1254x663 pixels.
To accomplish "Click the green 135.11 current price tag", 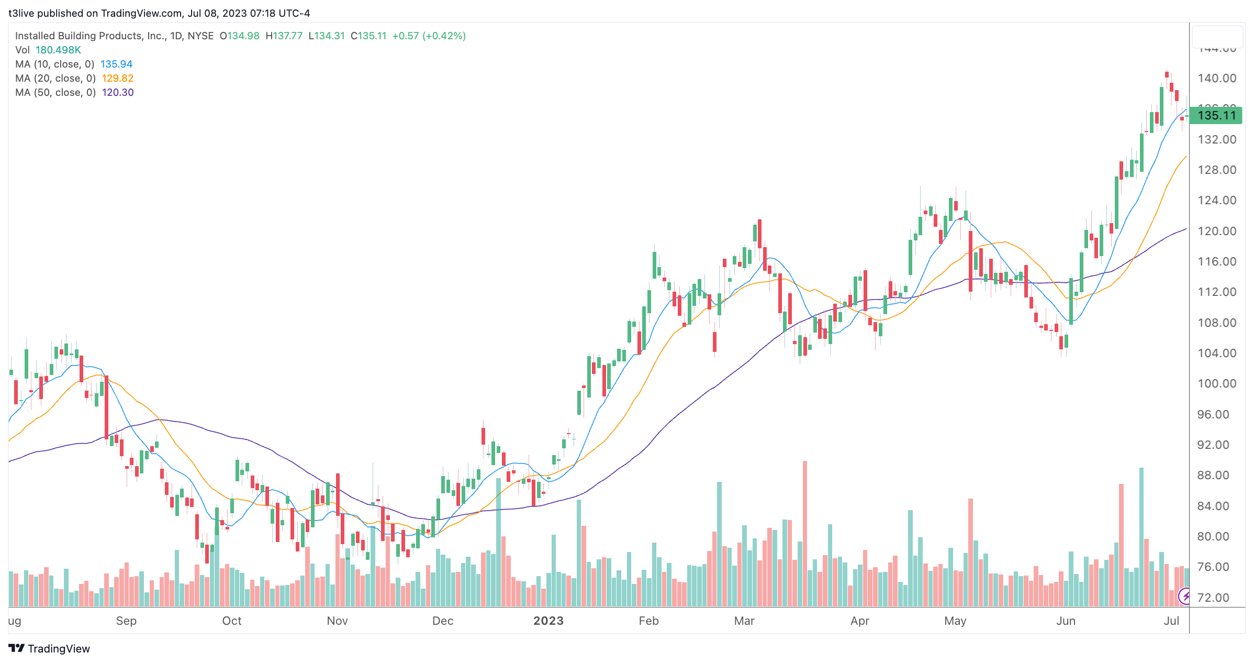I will (1216, 115).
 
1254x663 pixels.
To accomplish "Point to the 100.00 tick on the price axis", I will (1217, 383).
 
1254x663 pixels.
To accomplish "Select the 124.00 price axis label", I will (1217, 200).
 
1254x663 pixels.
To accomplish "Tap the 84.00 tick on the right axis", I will (1217, 506).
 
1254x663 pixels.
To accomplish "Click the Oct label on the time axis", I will (232, 621).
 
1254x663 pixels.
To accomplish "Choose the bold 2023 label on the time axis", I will (548, 621).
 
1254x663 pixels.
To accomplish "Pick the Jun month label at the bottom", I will (1066, 621).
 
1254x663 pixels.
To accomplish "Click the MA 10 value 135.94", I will (116, 64).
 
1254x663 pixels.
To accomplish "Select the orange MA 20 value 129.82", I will (117, 78).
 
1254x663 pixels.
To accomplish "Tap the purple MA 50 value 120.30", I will (118, 92).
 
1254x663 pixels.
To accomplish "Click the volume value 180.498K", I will (58, 50).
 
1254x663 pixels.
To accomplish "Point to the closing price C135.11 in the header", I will (368, 36).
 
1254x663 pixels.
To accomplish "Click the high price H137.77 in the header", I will (284, 36).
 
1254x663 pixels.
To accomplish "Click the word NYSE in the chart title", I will (200, 36).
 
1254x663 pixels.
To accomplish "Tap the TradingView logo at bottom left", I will (50, 648).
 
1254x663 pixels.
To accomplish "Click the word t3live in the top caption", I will (23, 13).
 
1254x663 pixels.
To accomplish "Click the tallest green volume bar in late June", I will (1141, 537).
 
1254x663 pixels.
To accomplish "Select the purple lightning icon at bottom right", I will (1185, 596).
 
